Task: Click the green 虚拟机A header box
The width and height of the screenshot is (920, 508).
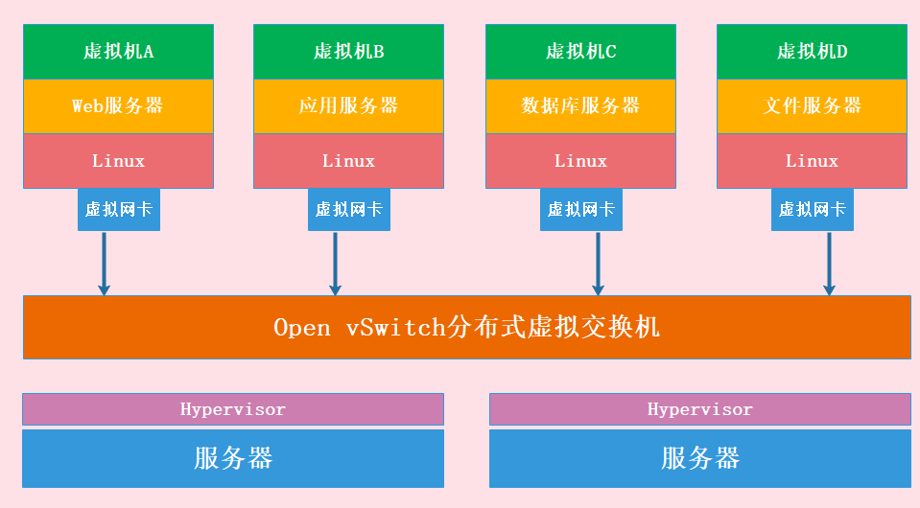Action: point(118,52)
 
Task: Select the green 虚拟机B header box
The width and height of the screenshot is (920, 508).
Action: point(348,52)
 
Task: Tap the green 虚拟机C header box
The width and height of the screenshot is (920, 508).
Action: point(580,52)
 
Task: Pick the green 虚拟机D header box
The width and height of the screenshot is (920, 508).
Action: point(812,52)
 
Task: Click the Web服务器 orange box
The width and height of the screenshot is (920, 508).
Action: point(118,106)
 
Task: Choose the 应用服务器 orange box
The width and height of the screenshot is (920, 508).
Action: point(348,106)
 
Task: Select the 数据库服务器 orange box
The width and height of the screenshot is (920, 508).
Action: point(580,106)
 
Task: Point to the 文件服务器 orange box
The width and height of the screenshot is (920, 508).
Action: point(812,106)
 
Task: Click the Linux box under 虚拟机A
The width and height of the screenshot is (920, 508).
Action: point(118,161)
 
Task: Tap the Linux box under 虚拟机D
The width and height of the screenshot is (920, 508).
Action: point(812,161)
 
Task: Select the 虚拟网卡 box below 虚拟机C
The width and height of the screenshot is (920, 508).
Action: point(581,209)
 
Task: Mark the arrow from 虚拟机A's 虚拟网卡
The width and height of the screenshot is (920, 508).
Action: point(104,263)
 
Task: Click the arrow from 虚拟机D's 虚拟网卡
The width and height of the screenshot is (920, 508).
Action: point(829,263)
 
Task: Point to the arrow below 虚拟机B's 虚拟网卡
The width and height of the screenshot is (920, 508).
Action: point(335,263)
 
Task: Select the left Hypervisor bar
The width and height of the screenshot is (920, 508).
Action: point(233,409)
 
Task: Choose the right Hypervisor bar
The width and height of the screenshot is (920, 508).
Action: point(699,409)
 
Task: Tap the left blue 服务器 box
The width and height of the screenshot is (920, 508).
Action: point(233,458)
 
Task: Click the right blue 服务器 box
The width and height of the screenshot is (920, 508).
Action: point(699,458)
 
